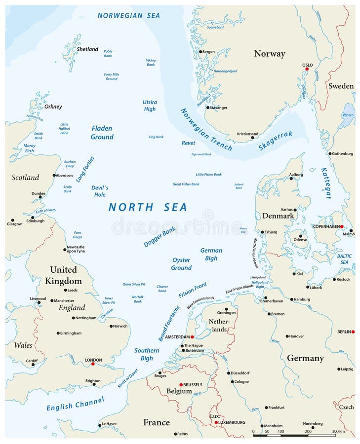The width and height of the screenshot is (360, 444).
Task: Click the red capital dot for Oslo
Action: tap(307, 69)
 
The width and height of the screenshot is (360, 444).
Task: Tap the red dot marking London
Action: tap(93, 364)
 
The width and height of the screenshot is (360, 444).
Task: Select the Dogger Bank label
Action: tap(160, 237)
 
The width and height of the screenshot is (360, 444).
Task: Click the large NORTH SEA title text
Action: tap(148, 207)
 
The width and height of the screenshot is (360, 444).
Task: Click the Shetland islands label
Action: tap(87, 49)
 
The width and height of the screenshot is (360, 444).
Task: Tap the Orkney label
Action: tap(53, 107)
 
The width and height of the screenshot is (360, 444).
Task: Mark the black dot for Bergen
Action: tap(200, 52)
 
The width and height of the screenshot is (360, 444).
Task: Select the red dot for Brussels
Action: tap(181, 385)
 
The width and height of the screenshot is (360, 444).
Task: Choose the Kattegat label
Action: tap(325, 183)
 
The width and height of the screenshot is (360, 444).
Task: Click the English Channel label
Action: tap(76, 404)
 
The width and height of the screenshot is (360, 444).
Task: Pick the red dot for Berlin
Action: tap(353, 332)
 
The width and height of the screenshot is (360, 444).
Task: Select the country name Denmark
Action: tap(278, 216)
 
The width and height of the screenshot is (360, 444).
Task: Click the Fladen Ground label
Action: tap(102, 133)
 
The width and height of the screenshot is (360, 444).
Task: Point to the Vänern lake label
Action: tap(348, 115)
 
